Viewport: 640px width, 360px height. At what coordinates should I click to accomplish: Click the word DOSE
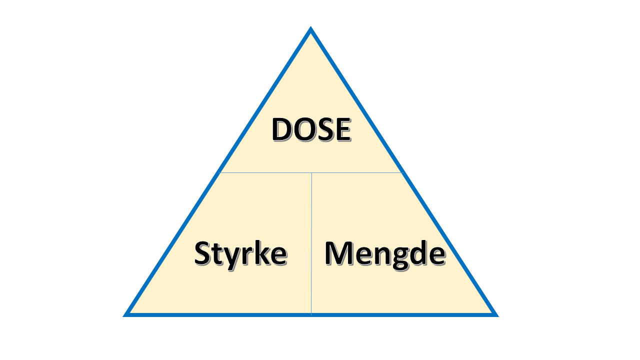(x=310, y=129)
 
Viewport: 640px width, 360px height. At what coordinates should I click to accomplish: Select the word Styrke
(x=240, y=253)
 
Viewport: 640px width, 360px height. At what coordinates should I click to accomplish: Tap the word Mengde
(x=384, y=253)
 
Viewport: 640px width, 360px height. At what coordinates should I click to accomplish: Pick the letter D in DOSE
(x=282, y=129)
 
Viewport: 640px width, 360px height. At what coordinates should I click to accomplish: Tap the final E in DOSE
(x=341, y=129)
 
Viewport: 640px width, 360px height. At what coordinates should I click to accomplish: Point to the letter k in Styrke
(x=262, y=252)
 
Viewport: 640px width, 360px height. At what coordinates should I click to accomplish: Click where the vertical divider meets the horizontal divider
(x=311, y=173)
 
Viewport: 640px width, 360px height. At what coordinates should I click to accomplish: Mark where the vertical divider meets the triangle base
(x=311, y=314)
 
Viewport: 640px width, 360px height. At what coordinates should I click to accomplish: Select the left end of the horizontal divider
(x=219, y=173)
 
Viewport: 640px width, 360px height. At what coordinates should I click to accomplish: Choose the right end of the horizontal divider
(x=402, y=173)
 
